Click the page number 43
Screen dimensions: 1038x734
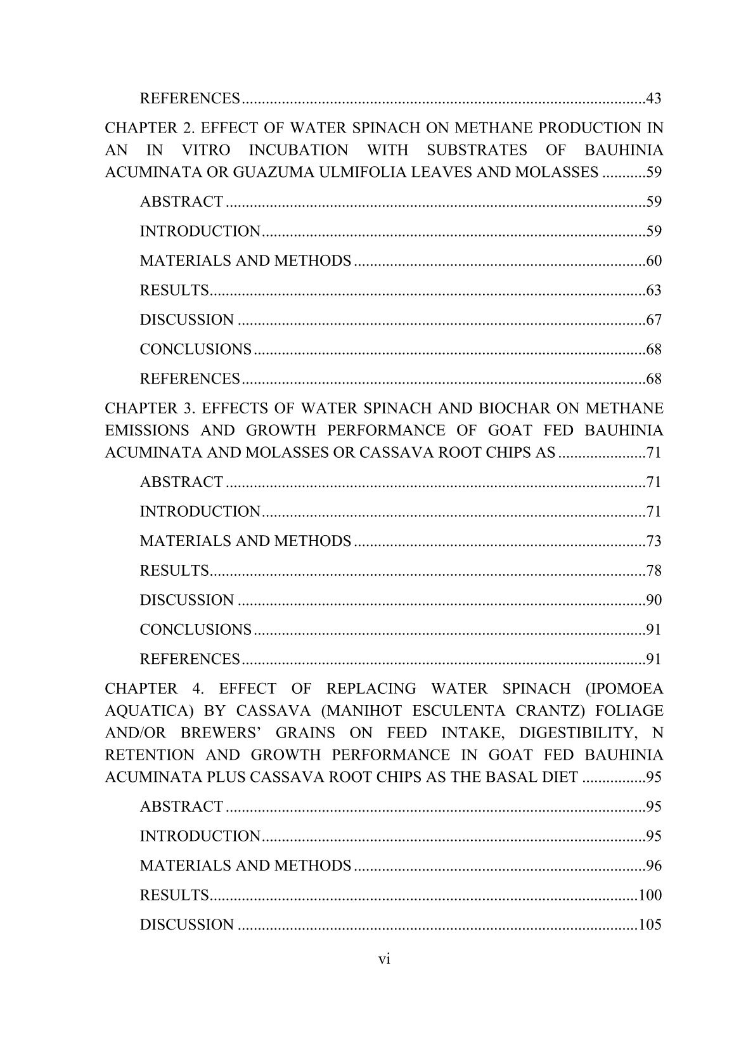coord(654,99)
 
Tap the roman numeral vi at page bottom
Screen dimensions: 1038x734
coord(384,959)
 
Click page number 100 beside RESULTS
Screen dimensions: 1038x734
coord(650,895)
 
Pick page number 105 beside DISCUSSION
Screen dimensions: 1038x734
coord(650,924)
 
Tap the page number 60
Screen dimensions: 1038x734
coord(654,261)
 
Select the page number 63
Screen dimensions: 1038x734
coord(654,290)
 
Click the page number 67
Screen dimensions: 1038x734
coord(654,320)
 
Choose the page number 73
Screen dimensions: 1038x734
coord(654,541)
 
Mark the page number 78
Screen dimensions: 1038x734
coord(654,571)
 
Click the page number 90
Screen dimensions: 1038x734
coord(654,600)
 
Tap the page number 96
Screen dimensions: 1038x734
coord(654,866)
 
